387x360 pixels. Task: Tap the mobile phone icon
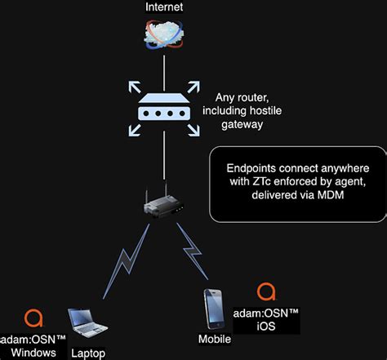214,308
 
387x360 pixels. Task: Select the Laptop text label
87,353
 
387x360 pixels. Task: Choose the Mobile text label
215,339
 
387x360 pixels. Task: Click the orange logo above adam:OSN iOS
265,291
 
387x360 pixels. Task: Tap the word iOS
266,326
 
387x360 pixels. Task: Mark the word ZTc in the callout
253,182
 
